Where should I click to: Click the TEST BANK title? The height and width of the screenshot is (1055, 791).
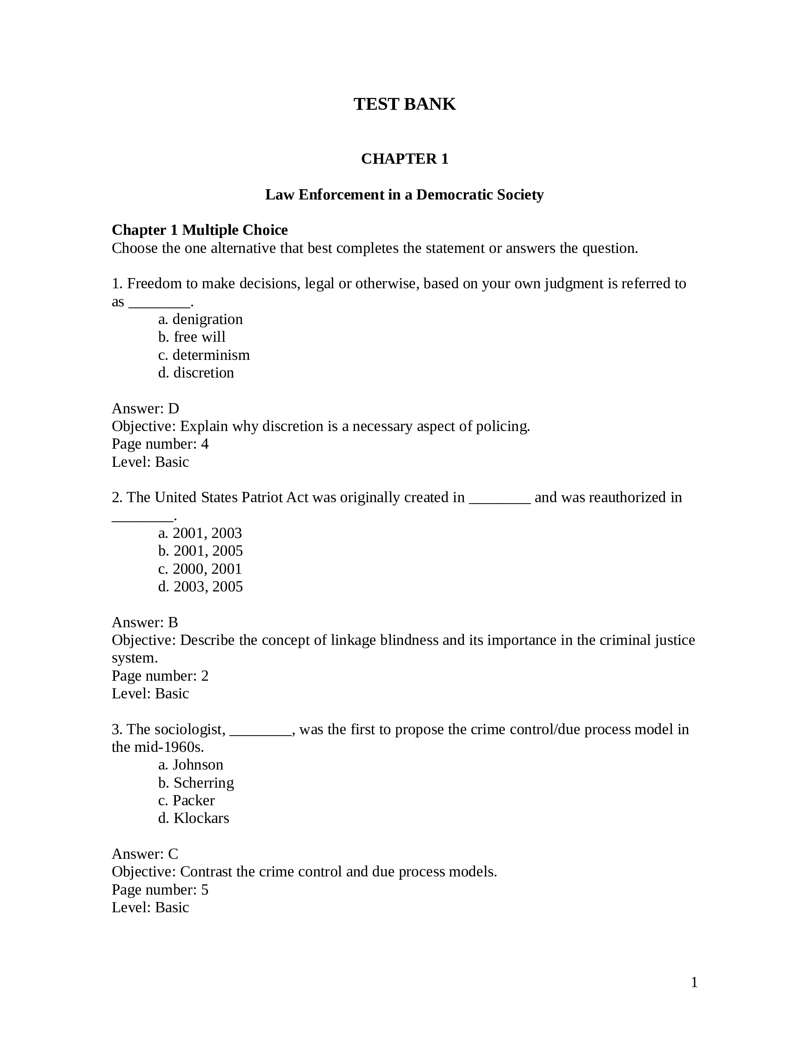tap(404, 104)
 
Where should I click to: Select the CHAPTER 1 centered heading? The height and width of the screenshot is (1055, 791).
tap(404, 159)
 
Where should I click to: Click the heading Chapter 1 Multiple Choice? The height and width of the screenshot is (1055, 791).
tap(200, 230)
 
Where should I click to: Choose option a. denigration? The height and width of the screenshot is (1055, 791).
tap(201, 319)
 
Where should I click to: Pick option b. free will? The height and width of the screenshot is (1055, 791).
tap(191, 337)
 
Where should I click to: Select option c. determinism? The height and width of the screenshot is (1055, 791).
tap(204, 355)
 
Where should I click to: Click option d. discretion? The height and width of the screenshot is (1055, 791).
tap(196, 372)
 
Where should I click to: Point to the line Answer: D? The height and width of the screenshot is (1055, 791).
tap(145, 408)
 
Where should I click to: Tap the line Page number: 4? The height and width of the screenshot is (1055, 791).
tap(160, 444)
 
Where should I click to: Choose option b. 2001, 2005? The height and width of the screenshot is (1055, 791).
tap(201, 551)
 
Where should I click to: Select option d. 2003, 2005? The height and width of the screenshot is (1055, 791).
tap(201, 586)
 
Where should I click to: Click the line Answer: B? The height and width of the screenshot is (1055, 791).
tap(145, 623)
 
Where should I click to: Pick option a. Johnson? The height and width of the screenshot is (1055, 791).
tap(191, 764)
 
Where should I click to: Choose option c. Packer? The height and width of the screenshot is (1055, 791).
tap(186, 800)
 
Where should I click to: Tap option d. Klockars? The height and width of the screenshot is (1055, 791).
tap(194, 818)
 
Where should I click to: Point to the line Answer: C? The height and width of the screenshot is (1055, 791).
tap(145, 854)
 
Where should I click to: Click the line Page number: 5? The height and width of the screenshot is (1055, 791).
tap(160, 889)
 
